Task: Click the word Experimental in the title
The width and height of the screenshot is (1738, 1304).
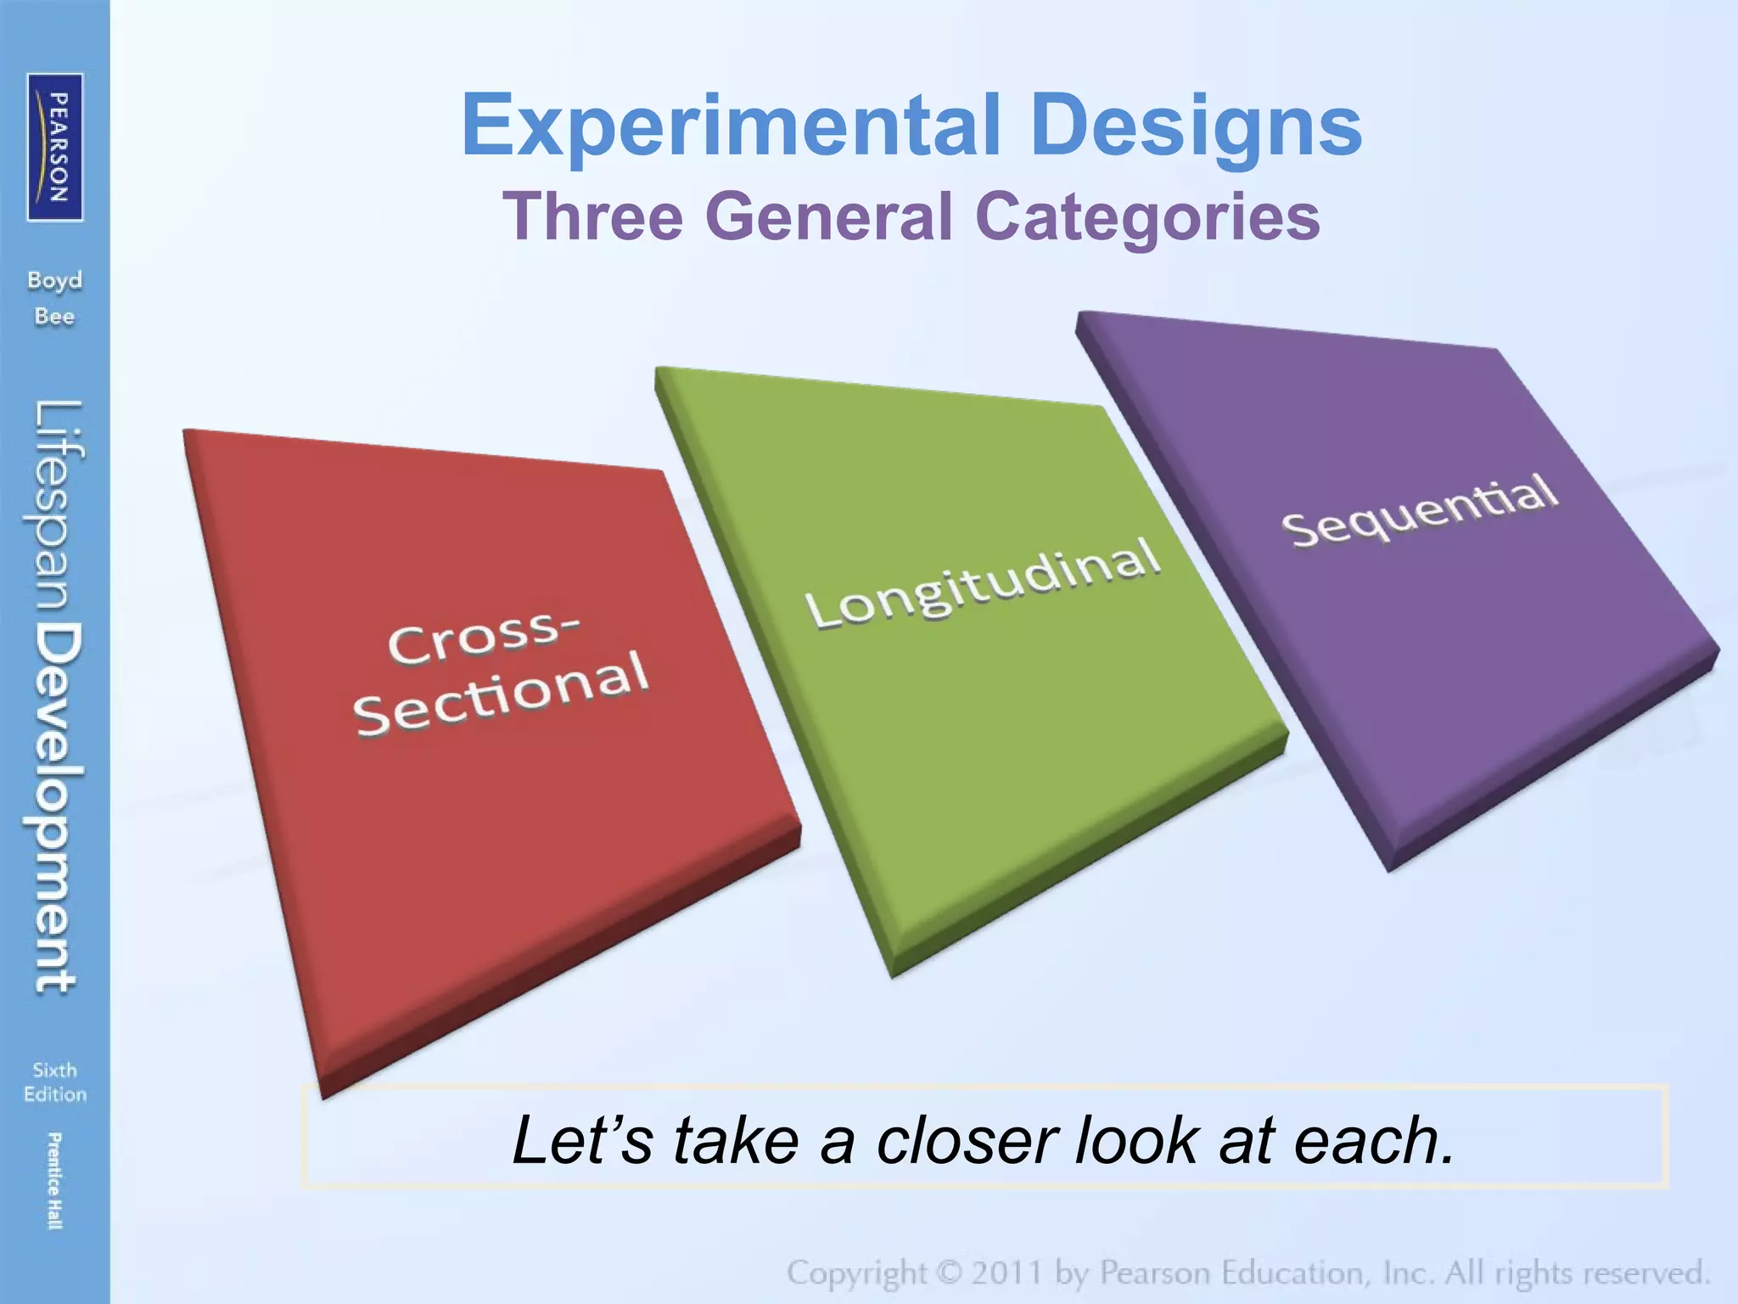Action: (x=731, y=126)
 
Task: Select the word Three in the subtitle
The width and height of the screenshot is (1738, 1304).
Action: (x=592, y=216)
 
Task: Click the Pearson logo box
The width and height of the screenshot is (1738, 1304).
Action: (x=55, y=147)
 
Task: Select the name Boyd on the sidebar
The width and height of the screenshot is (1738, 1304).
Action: (x=54, y=281)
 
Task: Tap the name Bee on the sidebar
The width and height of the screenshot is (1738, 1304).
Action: (x=54, y=317)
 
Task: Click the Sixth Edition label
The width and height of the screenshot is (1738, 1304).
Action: (x=55, y=1082)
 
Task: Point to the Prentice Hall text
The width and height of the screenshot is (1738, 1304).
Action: (x=53, y=1180)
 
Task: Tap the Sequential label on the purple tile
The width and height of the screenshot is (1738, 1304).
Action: (x=1419, y=510)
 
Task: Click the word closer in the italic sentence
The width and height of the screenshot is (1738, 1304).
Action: (x=970, y=1139)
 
